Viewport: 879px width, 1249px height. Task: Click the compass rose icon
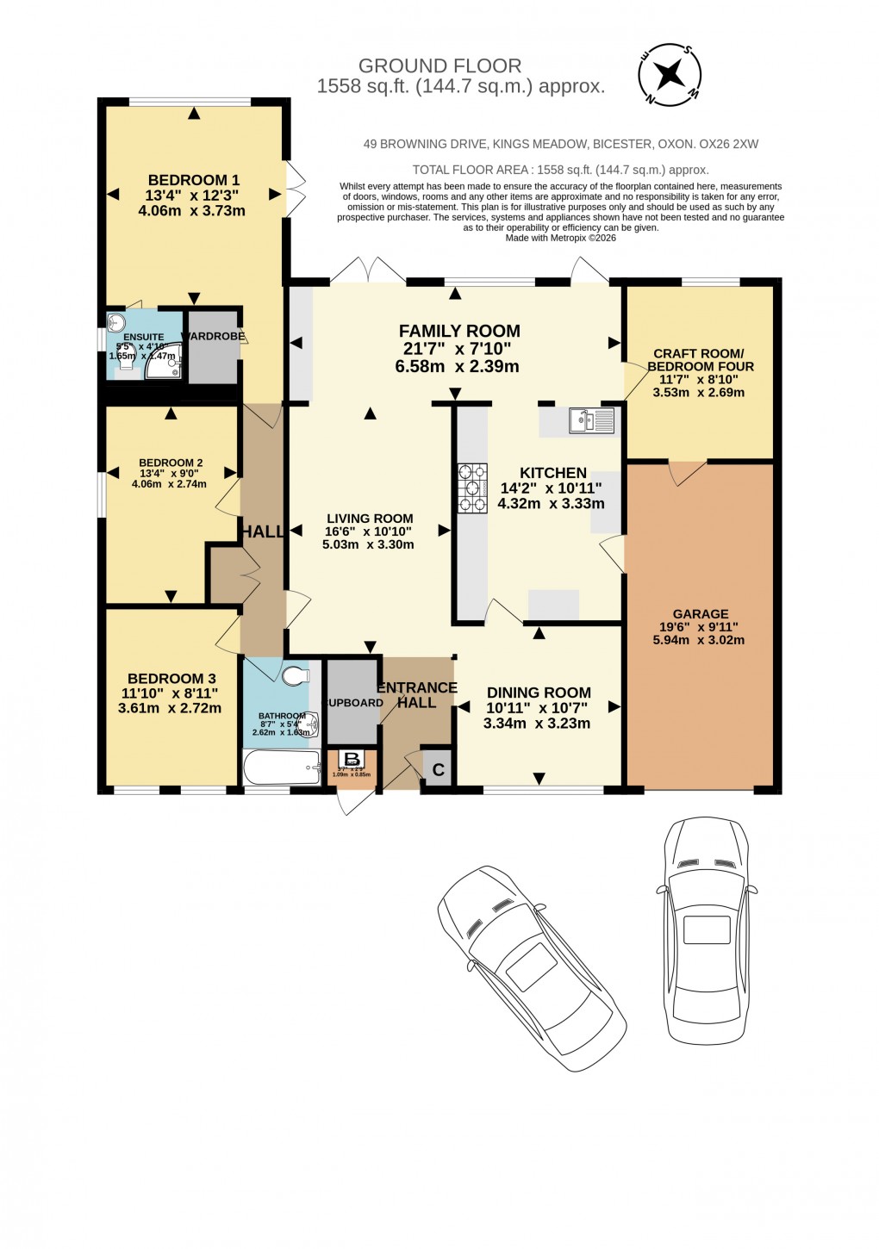tap(670, 75)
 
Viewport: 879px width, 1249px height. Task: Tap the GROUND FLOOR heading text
tap(439, 66)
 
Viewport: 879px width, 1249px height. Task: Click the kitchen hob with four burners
tap(471, 488)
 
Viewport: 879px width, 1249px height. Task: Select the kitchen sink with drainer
tap(591, 420)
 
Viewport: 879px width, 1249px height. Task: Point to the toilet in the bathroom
tap(294, 676)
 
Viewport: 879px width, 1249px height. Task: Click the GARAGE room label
tap(701, 614)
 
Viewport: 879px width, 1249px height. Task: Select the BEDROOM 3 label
tap(171, 679)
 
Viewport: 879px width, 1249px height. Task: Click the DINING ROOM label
tap(539, 693)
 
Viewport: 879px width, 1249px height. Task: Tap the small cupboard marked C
tap(438, 769)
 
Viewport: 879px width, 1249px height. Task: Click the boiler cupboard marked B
tap(352, 759)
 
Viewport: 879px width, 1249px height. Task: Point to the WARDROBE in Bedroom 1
tap(213, 337)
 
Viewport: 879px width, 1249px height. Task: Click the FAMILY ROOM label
tap(459, 331)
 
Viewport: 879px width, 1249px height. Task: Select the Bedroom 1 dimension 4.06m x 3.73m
tap(192, 210)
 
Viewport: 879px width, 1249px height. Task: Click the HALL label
tap(262, 532)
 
